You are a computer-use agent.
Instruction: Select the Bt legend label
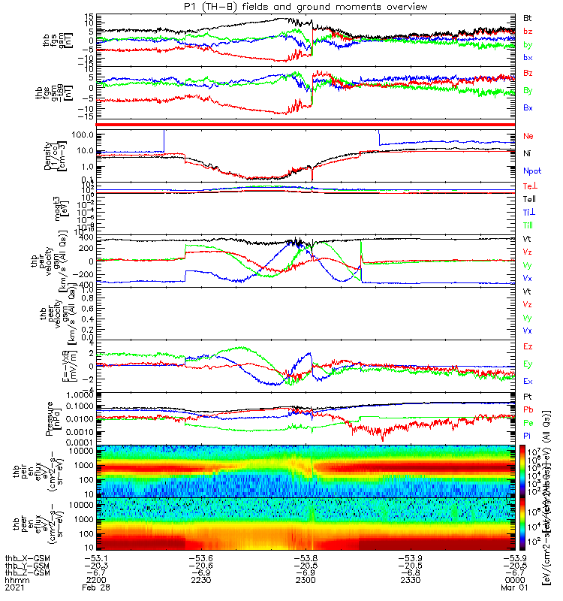click(528, 17)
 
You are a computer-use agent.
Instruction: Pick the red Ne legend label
click(528, 136)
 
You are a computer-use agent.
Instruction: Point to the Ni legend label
click(528, 153)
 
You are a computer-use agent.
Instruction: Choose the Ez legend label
click(528, 346)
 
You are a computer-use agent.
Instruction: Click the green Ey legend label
click(528, 364)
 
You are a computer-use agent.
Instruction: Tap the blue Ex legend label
click(528, 382)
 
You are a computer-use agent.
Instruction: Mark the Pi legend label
click(528, 436)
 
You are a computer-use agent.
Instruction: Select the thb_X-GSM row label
click(25, 557)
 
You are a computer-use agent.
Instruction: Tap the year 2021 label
click(13, 589)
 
